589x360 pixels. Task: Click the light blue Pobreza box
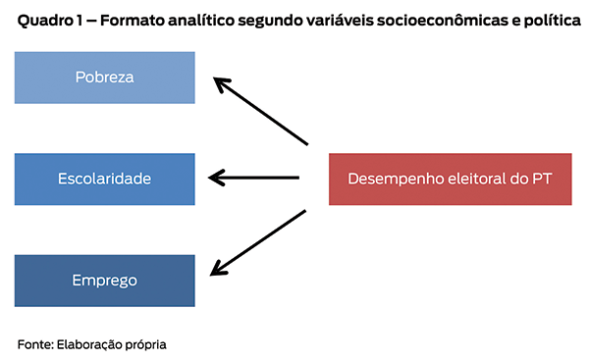click(104, 77)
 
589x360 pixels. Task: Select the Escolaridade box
click(104, 179)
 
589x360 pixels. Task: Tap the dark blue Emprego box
click(104, 281)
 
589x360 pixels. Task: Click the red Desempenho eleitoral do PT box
click(449, 179)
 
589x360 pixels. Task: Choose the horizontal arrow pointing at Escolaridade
click(254, 178)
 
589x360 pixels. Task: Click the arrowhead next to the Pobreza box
click(223, 85)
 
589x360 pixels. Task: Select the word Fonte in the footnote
click(34, 344)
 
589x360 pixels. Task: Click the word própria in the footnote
click(144, 344)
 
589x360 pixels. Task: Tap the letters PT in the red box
click(541, 179)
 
